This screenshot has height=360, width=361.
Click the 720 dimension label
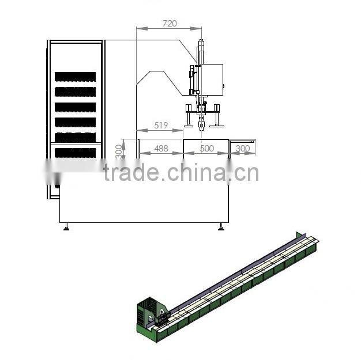click(x=170, y=24)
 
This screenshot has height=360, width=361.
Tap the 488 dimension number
click(x=161, y=149)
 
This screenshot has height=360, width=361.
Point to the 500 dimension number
click(x=206, y=149)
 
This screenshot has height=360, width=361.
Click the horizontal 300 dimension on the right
click(x=243, y=149)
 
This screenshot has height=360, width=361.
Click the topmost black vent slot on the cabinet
click(x=75, y=77)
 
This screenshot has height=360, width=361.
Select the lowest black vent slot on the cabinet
click(x=75, y=152)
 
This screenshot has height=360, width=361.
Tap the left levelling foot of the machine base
click(x=67, y=227)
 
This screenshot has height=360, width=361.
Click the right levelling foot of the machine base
click(x=221, y=227)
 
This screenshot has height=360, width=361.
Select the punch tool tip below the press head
click(x=201, y=127)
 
